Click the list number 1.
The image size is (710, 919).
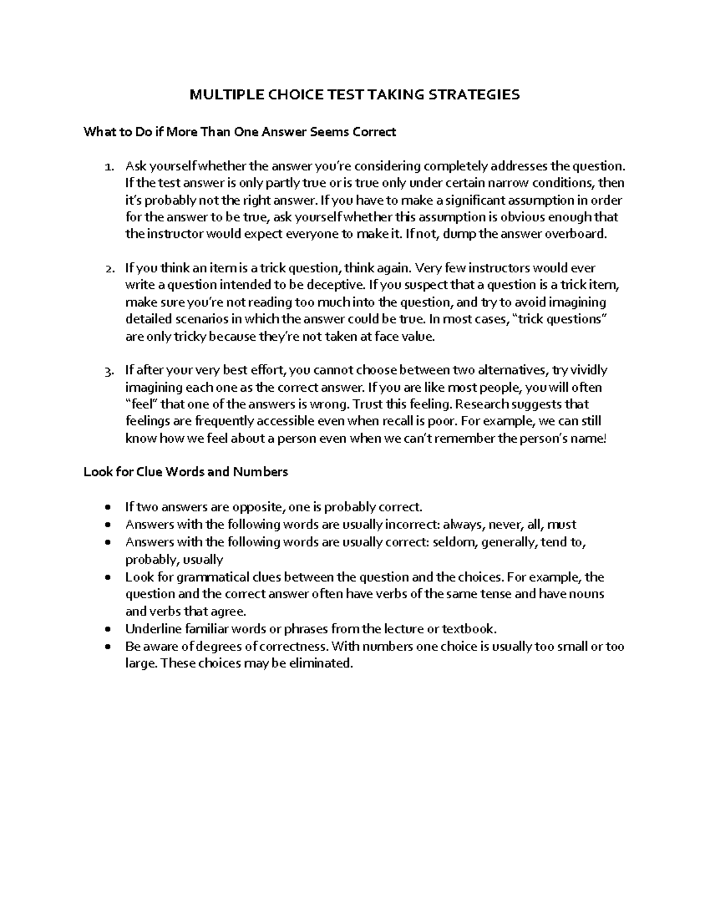108,166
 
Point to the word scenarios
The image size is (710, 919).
198,319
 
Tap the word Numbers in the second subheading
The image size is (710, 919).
260,472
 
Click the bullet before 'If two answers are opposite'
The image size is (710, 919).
106,508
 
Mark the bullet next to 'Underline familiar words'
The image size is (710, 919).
106,630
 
